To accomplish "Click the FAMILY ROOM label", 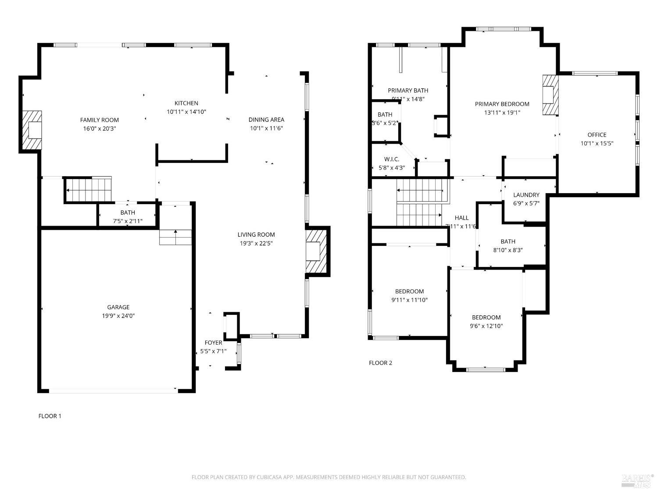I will (x=99, y=120).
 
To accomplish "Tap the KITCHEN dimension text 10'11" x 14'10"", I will (x=186, y=112).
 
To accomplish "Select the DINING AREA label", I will (x=266, y=119).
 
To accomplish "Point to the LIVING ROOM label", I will (x=256, y=234).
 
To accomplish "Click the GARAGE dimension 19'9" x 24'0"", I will (x=118, y=316).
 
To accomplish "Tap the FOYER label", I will (x=213, y=343).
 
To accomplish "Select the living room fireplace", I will (x=316, y=252).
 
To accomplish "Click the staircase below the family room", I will (x=89, y=190).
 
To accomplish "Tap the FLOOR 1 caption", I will (x=50, y=416).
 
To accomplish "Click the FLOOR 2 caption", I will (x=380, y=363).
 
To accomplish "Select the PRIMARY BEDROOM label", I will (x=502, y=104).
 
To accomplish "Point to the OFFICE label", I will (x=597, y=135).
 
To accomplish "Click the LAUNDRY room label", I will (x=526, y=195).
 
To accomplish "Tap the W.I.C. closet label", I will (x=391, y=159).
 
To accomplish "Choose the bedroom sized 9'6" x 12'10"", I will (x=486, y=321).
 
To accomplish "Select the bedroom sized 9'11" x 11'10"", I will (x=409, y=296).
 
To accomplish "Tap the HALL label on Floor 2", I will (x=461, y=218).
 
